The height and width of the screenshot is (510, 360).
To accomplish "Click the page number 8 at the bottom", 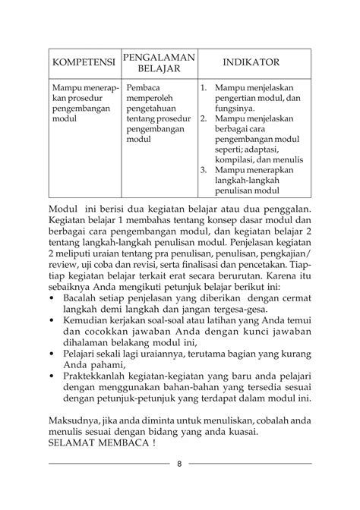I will pyautogui.click(x=179, y=464).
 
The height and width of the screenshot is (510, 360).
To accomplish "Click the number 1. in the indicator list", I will pyautogui.click(x=204, y=89).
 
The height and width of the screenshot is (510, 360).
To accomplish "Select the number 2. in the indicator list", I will pyautogui.click(x=204, y=119).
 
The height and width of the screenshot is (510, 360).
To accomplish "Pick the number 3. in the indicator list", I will pyautogui.click(x=204, y=170).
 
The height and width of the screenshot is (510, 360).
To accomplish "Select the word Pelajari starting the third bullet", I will pyautogui.click(x=85, y=360).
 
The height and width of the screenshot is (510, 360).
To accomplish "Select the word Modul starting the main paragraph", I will pyautogui.click(x=63, y=208).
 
